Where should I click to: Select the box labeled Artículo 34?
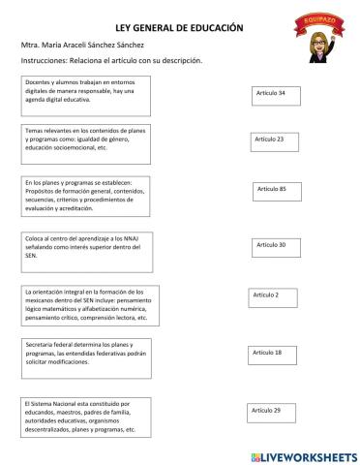point(275,95)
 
